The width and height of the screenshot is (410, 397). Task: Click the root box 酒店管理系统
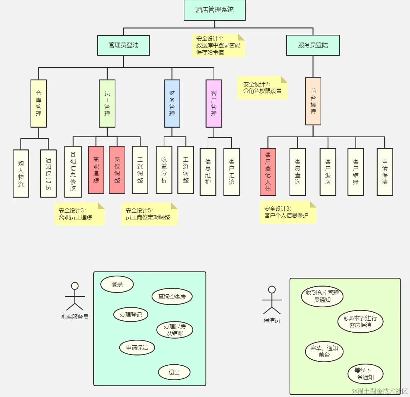[x=215, y=10]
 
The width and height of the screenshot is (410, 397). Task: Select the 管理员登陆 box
[x=124, y=45]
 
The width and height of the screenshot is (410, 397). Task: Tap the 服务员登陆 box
[x=313, y=45]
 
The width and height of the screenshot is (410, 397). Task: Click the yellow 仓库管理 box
[x=39, y=103]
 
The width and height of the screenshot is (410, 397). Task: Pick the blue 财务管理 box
[x=172, y=103]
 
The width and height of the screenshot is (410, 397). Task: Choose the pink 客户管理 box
[x=214, y=103]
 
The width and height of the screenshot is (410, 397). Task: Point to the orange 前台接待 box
[x=313, y=101]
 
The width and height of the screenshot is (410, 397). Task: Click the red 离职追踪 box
[x=96, y=170]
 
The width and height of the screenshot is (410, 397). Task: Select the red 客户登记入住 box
[x=268, y=172]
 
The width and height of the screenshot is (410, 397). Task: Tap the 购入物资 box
[x=21, y=173]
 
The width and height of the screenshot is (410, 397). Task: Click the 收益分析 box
[x=164, y=170]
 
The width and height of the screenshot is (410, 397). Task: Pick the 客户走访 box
[x=232, y=172]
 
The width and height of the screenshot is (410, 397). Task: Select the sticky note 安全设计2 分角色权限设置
[x=262, y=88]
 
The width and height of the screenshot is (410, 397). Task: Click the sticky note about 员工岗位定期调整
[x=149, y=214]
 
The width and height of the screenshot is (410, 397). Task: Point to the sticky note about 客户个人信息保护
[x=288, y=212]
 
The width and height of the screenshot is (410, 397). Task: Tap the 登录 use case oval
[x=117, y=284]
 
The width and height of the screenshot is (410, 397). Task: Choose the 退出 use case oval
[x=174, y=372]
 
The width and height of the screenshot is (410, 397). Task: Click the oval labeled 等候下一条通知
[x=365, y=374]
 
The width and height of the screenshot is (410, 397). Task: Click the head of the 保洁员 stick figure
[x=272, y=290]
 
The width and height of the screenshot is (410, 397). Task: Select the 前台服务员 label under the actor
[x=75, y=317]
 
